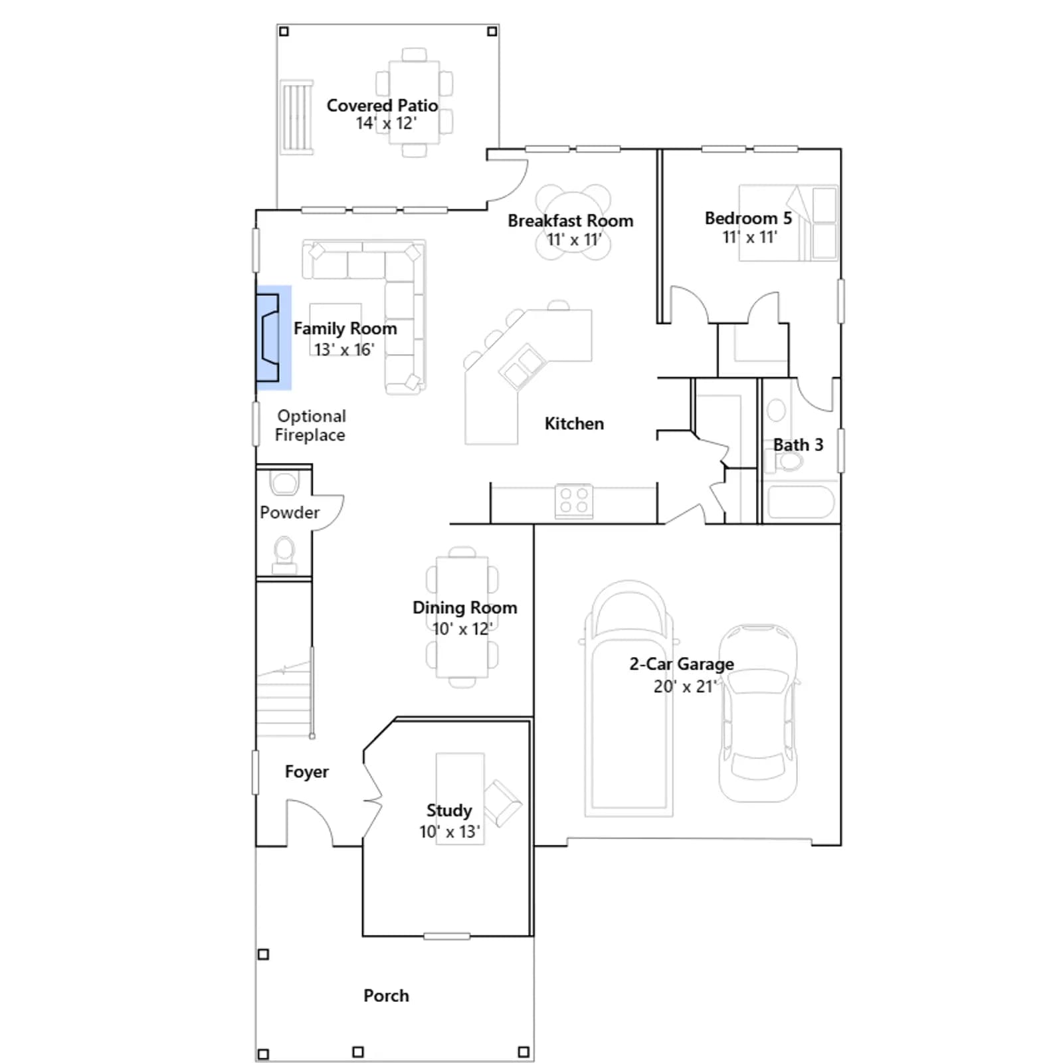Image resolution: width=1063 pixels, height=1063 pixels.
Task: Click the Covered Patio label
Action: point(382,106)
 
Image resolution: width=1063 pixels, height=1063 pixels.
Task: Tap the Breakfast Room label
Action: point(571,221)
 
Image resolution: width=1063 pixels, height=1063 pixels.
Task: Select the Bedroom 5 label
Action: point(748,219)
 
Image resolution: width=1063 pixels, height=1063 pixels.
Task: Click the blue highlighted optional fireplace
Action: point(274,338)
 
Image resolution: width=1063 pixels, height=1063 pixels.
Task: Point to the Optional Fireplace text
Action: point(310,425)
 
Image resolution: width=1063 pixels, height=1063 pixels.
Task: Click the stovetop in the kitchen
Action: point(574,501)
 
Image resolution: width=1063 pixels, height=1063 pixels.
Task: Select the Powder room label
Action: point(290,512)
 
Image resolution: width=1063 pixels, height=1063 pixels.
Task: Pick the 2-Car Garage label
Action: point(682,664)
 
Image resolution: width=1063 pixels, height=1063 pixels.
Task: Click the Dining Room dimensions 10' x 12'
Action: point(462,628)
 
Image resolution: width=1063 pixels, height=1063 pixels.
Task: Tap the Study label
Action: point(449,811)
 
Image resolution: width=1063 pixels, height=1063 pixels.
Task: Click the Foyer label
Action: point(307,771)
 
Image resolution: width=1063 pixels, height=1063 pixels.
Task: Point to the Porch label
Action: point(386,995)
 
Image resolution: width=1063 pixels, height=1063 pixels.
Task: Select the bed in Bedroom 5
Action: point(789,223)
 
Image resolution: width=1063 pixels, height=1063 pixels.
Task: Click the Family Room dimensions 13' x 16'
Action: point(344,349)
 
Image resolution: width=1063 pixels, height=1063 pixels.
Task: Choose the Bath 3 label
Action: point(798,444)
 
